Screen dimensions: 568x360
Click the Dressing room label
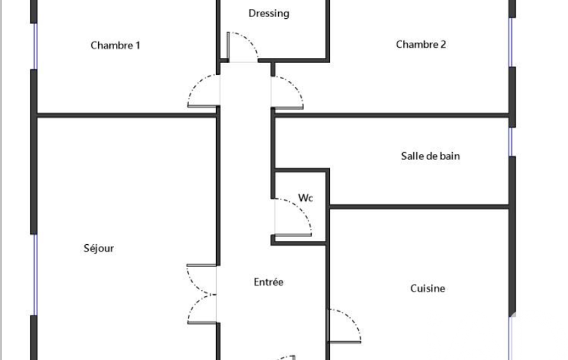[269, 14]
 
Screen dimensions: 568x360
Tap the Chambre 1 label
[115, 45]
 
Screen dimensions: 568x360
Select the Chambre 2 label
[421, 44]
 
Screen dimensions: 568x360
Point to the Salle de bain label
[431, 156]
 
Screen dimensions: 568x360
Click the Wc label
[305, 198]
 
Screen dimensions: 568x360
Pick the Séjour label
[99, 248]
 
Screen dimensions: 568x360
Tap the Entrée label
[268, 282]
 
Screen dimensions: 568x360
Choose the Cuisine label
[427, 289]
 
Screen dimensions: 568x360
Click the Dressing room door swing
[242, 47]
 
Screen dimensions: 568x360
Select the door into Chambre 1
[203, 91]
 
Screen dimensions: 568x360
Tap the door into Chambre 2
[287, 92]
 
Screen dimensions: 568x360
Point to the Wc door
[293, 217]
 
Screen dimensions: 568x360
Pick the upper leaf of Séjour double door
[201, 280]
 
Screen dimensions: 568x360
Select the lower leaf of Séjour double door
[202, 309]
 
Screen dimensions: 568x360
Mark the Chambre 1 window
[35, 46]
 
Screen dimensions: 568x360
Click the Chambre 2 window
[511, 42]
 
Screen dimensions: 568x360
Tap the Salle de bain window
[511, 142]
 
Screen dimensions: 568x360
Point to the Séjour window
[35, 275]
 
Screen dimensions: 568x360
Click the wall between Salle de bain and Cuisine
[419, 207]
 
